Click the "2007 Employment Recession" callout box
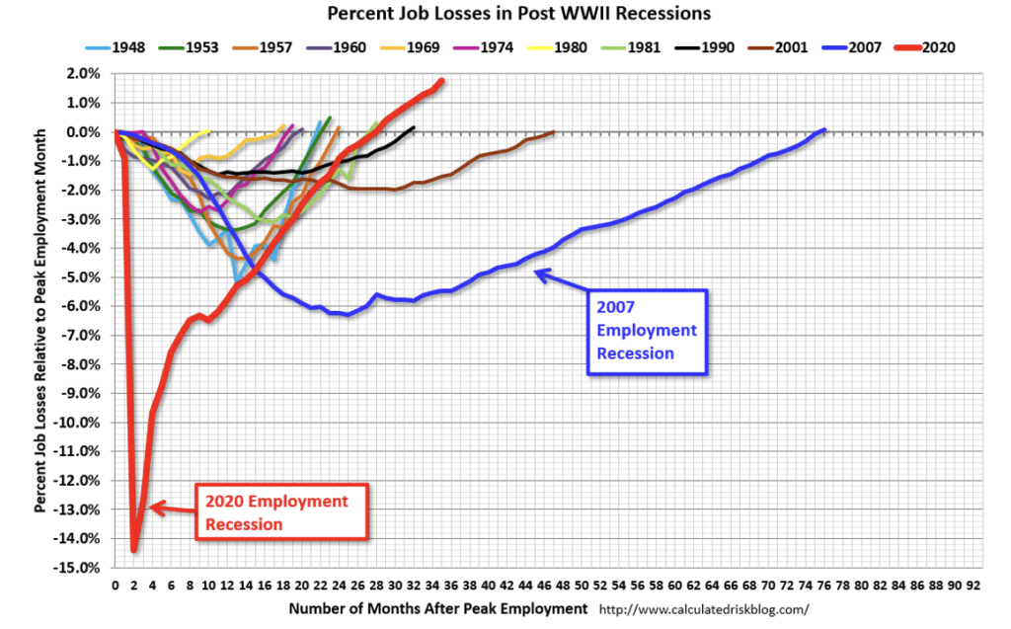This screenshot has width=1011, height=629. point(647,331)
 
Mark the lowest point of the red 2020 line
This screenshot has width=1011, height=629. point(134,550)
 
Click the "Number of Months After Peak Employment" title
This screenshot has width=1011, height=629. point(438,608)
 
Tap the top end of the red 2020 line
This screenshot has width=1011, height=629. point(441,80)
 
